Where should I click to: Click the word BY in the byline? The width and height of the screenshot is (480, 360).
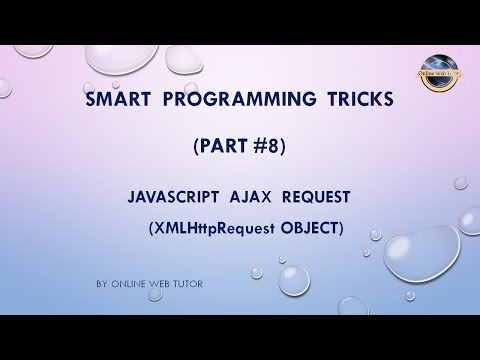[x=102, y=285]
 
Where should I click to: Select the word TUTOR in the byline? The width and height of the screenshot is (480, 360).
[x=190, y=285]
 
